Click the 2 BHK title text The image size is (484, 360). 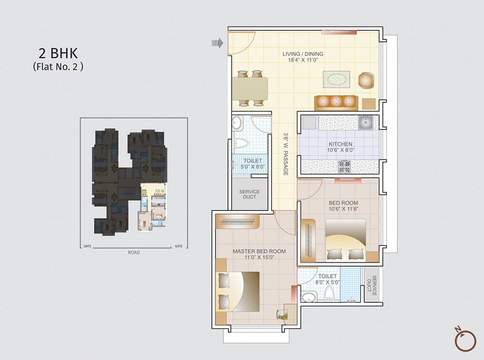coord(58,53)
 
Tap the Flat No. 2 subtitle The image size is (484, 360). coord(58,67)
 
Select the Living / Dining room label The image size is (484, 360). coord(303,54)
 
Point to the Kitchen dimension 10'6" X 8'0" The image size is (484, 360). coord(340,150)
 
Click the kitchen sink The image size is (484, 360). coord(365,122)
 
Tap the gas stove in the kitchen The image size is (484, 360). coord(344,167)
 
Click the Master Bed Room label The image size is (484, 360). coord(259,251)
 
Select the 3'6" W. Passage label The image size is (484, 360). coord(286,154)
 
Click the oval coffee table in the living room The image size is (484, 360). coord(336,79)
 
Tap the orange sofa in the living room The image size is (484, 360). coord(335,102)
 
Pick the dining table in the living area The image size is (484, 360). coord(250,88)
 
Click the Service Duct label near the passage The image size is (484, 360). coord(249,195)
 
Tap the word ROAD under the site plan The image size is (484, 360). coord(134,253)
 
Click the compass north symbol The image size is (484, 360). coord(465,340)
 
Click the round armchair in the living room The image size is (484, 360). coord(366,80)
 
